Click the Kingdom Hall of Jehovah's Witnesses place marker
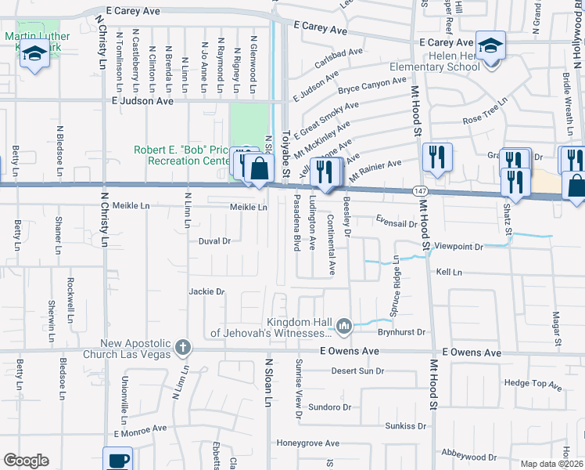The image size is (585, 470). coord(343,325)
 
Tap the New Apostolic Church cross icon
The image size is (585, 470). coord(182,346)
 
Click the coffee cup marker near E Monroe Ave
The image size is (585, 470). coord(118,460)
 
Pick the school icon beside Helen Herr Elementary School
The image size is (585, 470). coord(490,45)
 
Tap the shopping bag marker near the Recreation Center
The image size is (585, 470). coord(258,168)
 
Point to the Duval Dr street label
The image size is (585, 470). coord(214,241)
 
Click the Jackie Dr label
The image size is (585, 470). coord(206,291)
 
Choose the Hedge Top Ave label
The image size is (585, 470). coord(533,384)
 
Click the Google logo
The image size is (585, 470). coord(26,461)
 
